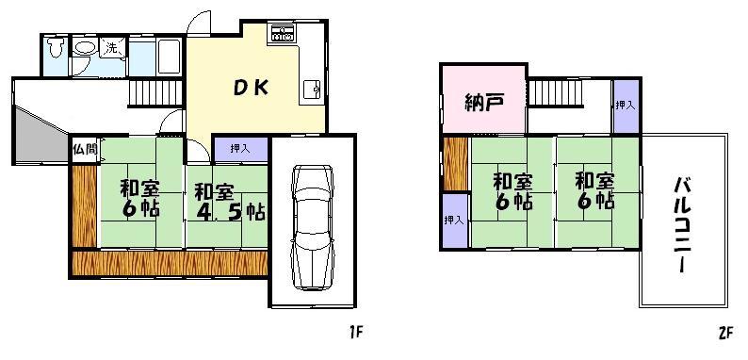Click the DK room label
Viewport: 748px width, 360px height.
coord(252,88)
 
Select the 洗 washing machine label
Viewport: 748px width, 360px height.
coord(111,47)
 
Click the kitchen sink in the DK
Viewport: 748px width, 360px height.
coord(311,91)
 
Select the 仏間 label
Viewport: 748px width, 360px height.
coord(81,150)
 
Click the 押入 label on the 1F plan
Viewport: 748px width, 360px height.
coord(239,148)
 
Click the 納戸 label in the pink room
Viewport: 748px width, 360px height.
coord(481,103)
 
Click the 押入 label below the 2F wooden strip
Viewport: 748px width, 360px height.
coord(454,220)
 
